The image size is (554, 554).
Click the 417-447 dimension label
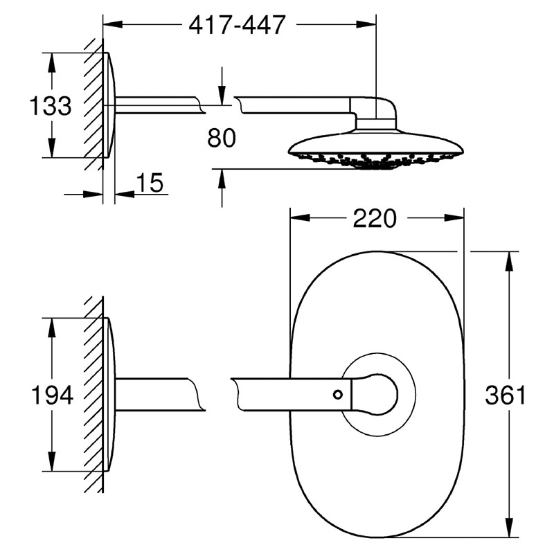click(237, 25)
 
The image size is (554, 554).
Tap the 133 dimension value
click(51, 105)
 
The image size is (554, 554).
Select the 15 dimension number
click(150, 183)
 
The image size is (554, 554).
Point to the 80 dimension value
click(222, 138)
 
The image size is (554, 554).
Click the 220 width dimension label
click(375, 218)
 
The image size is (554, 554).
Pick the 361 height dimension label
click(506, 395)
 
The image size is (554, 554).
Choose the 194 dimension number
click(53, 395)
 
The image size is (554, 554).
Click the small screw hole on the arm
click(338, 394)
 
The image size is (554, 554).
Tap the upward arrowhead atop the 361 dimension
click(509, 262)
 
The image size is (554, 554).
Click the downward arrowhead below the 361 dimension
click(509, 528)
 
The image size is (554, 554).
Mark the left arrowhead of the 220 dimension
click(300, 218)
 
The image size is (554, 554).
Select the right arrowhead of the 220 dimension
click(454, 218)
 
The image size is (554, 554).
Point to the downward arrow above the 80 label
click(222, 86)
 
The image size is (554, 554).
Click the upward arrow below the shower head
click(222, 188)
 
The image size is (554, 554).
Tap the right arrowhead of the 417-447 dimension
click(366, 24)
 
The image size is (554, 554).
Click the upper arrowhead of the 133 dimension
click(51, 63)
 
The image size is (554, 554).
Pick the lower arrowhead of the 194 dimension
click(52, 461)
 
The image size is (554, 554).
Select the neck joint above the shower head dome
click(375, 123)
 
